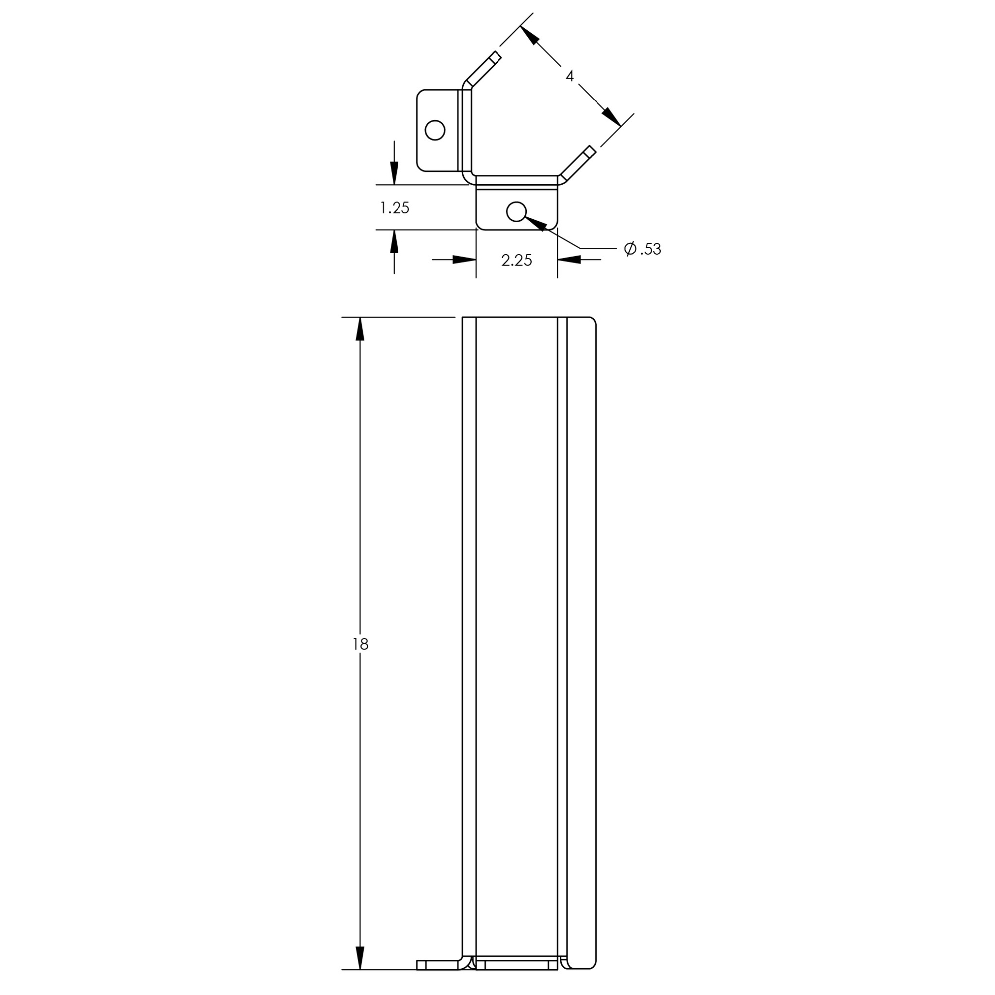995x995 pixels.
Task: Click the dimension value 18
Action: click(x=361, y=644)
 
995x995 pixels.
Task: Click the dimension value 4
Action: click(x=569, y=76)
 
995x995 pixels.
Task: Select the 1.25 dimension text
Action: click(x=395, y=207)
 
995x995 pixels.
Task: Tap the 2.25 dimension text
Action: click(x=516, y=260)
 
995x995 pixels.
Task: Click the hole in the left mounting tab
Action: click(x=435, y=130)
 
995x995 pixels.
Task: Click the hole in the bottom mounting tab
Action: click(x=516, y=211)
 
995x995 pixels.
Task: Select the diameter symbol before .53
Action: click(x=630, y=249)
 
